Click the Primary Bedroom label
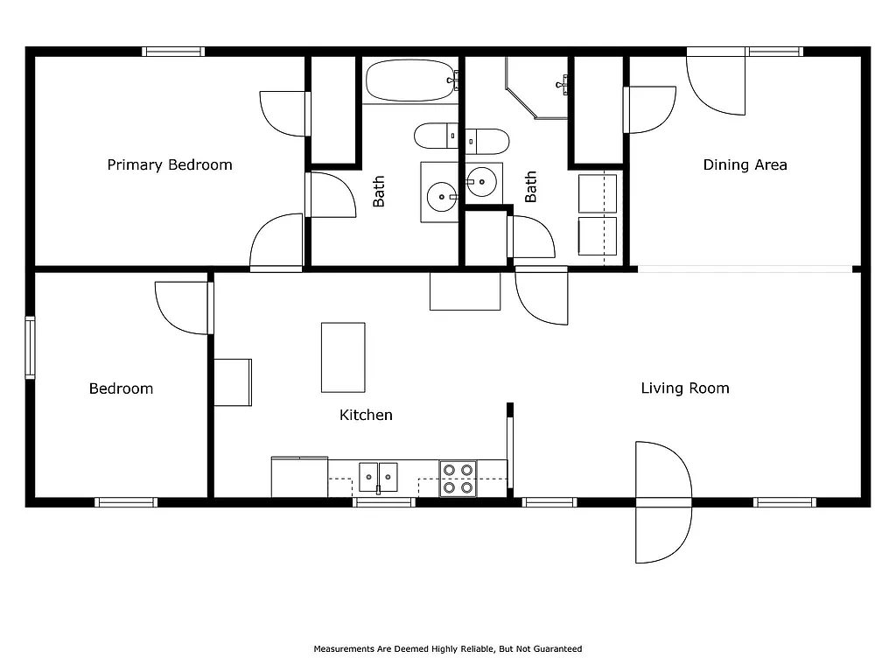click(170, 164)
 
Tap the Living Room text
click(684, 388)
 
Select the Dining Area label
click(745, 164)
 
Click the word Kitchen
click(366, 415)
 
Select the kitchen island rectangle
click(343, 357)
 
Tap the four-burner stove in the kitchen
click(458, 478)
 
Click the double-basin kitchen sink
click(378, 477)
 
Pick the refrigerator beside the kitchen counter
click(299, 477)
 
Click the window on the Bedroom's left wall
click(30, 347)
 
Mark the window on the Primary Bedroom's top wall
click(173, 52)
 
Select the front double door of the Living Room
click(663, 502)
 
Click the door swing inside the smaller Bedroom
click(182, 307)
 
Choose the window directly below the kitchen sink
click(383, 502)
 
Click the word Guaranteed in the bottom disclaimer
click(558, 649)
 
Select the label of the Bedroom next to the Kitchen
click(121, 388)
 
